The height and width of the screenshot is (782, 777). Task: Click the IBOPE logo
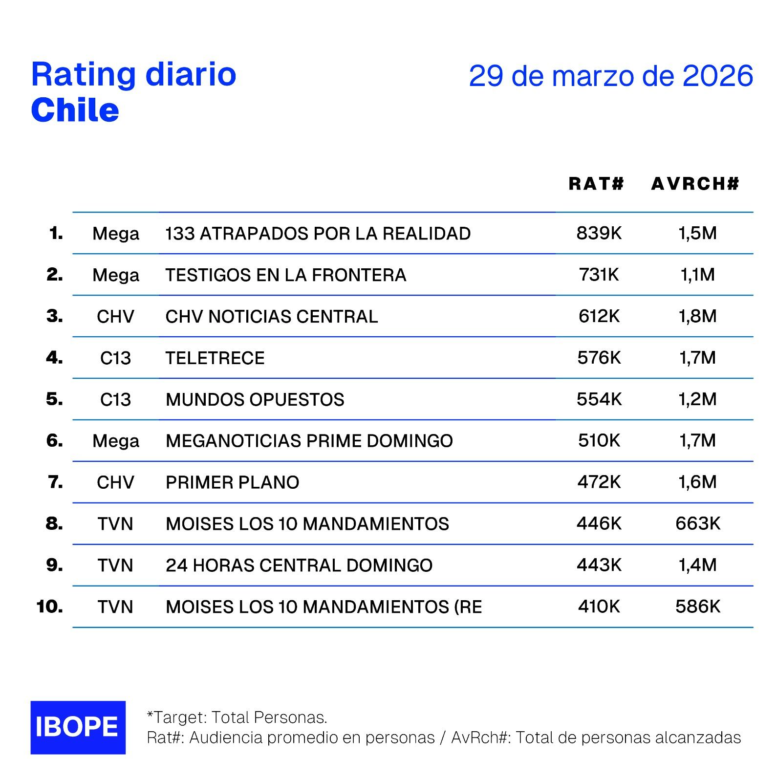coord(78,727)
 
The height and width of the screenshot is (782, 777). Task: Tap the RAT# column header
coord(597,184)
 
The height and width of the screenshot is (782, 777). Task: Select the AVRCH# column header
coord(695,184)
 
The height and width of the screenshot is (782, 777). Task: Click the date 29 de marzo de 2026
coord(611,76)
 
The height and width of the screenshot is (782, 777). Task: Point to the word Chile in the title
coord(75,110)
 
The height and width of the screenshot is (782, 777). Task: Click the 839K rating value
coord(599,233)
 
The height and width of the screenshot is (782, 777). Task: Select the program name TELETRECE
coord(215,358)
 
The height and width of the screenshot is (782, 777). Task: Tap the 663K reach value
coord(698,524)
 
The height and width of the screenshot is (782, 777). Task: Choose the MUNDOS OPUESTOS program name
coord(255,400)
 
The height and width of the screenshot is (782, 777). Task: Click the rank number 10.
coord(49,607)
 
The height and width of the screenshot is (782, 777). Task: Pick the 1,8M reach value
coord(698,317)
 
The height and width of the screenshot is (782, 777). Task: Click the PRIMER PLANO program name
coord(232,483)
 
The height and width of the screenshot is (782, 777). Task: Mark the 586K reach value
coord(698,607)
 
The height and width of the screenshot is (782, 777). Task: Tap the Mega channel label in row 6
coord(116,441)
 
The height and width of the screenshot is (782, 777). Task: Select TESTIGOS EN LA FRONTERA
coord(286,275)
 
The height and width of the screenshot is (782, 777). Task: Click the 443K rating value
coord(599,565)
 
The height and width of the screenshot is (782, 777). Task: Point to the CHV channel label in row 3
coord(115,317)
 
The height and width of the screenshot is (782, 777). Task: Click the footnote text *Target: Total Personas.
coord(237,717)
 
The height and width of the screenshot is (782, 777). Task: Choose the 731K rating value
coord(599,275)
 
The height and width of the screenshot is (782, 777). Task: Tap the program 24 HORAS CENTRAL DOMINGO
coord(299,565)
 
